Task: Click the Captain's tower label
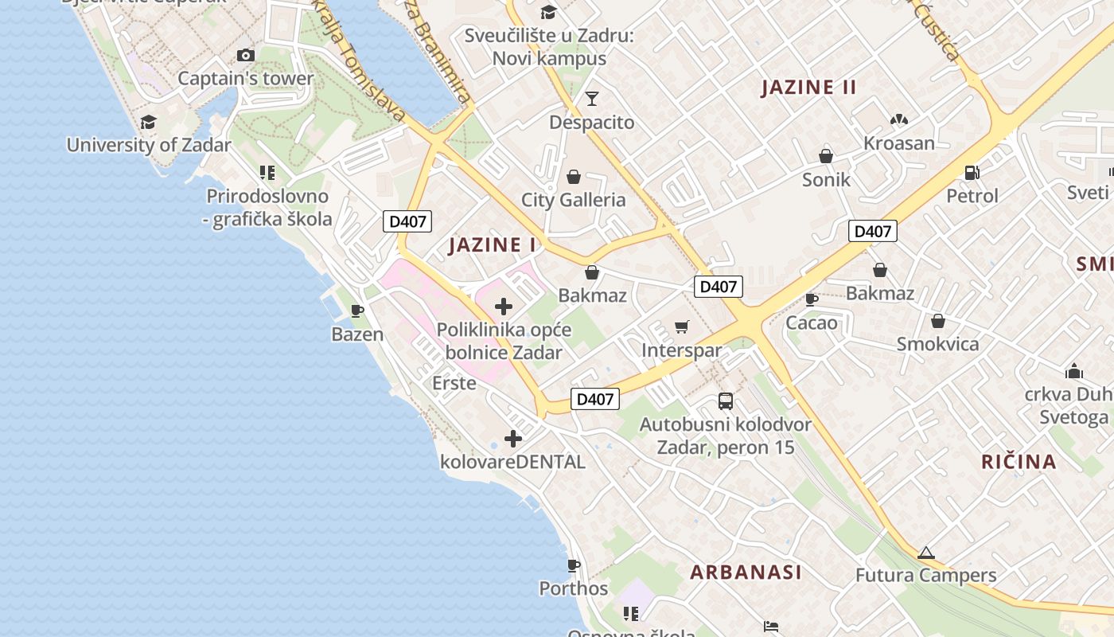(x=245, y=79)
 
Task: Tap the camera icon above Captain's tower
(x=246, y=55)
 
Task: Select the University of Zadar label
(x=149, y=145)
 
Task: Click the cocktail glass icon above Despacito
(x=591, y=99)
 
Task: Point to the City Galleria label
(x=573, y=200)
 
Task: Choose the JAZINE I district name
(x=493, y=244)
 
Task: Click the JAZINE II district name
(x=808, y=88)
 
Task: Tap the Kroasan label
(x=899, y=143)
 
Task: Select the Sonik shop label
(x=826, y=180)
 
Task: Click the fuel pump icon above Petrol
(x=972, y=172)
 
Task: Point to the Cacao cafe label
(x=812, y=322)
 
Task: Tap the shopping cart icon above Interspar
(x=681, y=326)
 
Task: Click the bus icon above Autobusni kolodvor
(x=725, y=401)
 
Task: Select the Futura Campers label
(x=925, y=575)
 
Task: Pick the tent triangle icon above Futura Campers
(x=925, y=553)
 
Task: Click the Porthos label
(x=573, y=588)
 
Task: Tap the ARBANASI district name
(x=746, y=572)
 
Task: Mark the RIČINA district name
(x=1019, y=462)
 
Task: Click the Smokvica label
(x=937, y=344)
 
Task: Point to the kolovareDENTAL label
(x=512, y=462)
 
